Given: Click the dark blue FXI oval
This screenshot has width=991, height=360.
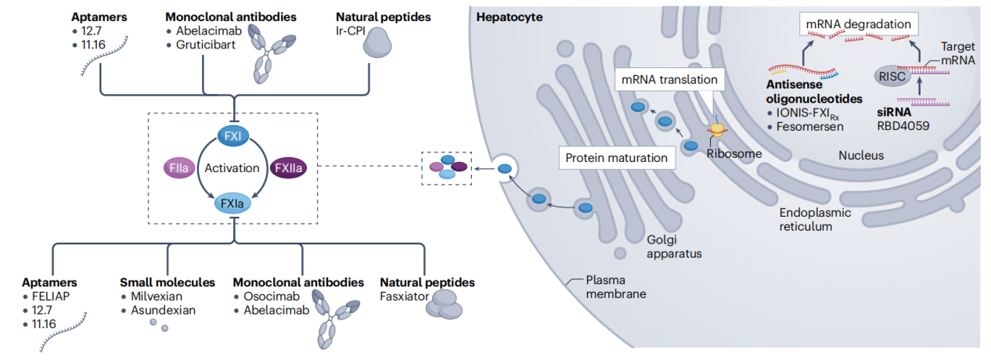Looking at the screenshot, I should (232, 135).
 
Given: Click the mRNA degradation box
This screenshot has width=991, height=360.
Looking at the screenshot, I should (859, 25).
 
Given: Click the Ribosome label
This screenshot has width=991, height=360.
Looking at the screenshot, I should (733, 154).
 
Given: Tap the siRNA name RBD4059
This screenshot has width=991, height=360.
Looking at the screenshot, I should (903, 125).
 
